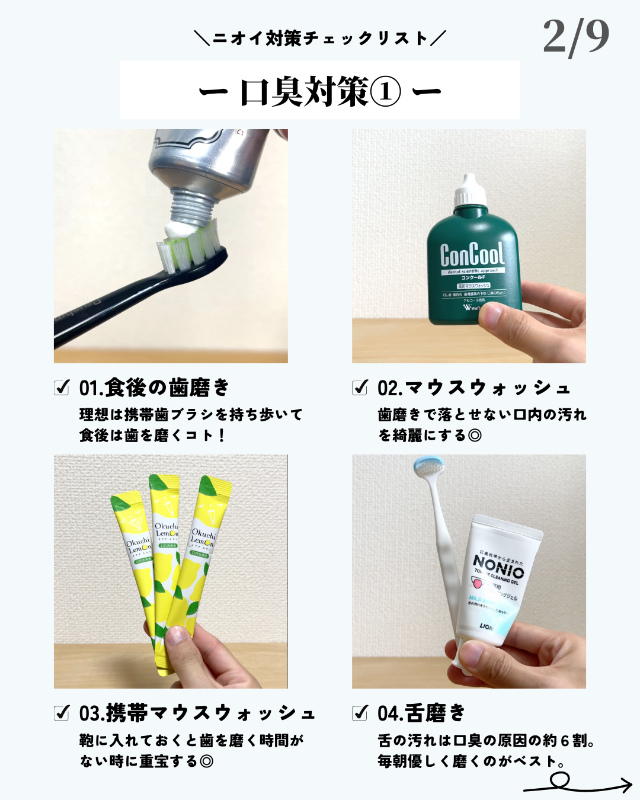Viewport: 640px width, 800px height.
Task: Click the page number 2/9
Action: point(575,37)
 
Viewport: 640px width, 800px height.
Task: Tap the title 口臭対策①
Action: point(320,92)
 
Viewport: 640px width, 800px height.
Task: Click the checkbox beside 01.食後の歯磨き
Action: point(62,388)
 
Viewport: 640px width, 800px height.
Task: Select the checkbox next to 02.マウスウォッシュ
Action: point(360,388)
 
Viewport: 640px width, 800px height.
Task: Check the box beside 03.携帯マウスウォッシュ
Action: point(62,713)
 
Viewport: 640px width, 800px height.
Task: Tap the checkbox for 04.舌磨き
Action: point(360,713)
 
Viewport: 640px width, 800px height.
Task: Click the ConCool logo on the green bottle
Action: point(472,255)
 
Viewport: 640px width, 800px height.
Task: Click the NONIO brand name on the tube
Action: point(498,566)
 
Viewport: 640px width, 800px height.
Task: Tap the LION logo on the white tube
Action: point(486,626)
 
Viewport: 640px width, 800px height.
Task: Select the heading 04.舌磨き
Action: point(421,713)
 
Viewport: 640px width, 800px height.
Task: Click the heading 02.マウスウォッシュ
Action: point(474,388)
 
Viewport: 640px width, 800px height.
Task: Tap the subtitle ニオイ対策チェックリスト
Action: point(320,39)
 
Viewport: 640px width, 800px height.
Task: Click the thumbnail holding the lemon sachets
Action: point(171,571)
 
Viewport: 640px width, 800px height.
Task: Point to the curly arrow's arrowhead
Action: point(627,786)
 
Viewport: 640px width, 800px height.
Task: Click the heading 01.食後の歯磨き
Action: point(154,388)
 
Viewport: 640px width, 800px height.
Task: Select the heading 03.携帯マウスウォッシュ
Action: point(197,713)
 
